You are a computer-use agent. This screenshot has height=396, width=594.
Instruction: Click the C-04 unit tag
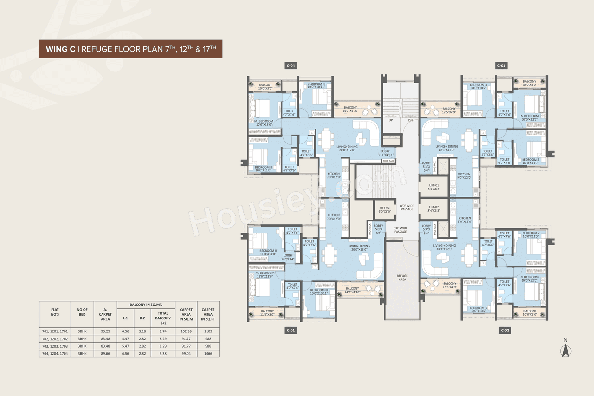[x=291, y=66]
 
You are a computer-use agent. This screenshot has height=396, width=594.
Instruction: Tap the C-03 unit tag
[x=501, y=66]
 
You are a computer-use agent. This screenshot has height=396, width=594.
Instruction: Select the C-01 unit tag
[x=291, y=331]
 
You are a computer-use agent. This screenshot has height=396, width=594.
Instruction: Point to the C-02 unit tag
[x=505, y=331]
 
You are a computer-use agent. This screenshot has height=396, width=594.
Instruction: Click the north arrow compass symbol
[x=565, y=350]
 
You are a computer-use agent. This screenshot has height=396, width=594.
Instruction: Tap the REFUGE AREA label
[x=402, y=278]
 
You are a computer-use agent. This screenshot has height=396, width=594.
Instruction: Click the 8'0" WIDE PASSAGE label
[x=407, y=208]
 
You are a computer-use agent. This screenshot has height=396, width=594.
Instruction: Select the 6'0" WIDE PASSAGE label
[x=400, y=230]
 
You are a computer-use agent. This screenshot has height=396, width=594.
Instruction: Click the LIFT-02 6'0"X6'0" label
[x=384, y=209]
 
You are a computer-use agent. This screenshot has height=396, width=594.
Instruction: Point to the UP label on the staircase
[x=391, y=120]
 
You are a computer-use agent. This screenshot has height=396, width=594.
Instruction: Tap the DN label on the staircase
[x=410, y=120]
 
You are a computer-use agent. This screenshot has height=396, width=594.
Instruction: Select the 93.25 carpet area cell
[x=105, y=331]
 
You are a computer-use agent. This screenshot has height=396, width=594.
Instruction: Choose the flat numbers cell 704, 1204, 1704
[x=55, y=353]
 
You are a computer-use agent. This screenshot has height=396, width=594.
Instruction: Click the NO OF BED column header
[x=82, y=312]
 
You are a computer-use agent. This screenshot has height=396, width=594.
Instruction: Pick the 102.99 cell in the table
[x=186, y=331]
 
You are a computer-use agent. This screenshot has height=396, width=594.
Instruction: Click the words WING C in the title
[x=60, y=48]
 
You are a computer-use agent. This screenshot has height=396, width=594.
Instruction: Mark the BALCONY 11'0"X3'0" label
[x=267, y=313]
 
